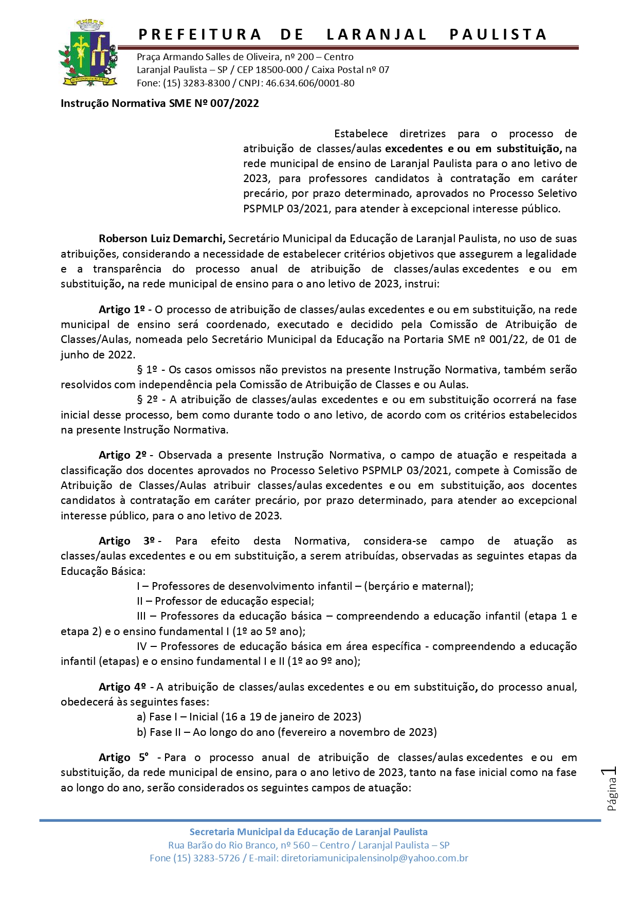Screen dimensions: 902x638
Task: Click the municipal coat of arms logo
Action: [88, 53]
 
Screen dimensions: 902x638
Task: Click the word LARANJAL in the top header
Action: [377, 34]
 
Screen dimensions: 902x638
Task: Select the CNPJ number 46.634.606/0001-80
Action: [310, 83]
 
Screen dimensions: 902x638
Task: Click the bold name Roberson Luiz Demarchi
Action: [162, 239]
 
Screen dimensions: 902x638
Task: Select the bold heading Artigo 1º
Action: [122, 310]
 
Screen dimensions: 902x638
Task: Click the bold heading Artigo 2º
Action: [122, 455]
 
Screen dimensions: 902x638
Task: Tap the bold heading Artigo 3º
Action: [126, 541]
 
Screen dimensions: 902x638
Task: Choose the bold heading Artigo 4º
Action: [122, 687]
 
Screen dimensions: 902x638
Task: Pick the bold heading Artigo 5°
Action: [123, 757]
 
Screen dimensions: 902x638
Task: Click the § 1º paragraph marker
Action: [147, 370]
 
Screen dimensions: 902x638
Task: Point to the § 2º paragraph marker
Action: [147, 400]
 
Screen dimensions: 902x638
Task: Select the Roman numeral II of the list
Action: [140, 601]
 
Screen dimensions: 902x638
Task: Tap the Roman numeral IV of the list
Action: [142, 646]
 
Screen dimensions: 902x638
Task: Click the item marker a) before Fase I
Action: [141, 717]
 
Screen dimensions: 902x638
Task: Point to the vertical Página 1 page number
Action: [611, 789]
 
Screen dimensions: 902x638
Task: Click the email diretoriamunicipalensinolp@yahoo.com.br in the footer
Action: [374, 858]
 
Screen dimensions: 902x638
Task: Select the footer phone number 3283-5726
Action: [216, 858]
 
